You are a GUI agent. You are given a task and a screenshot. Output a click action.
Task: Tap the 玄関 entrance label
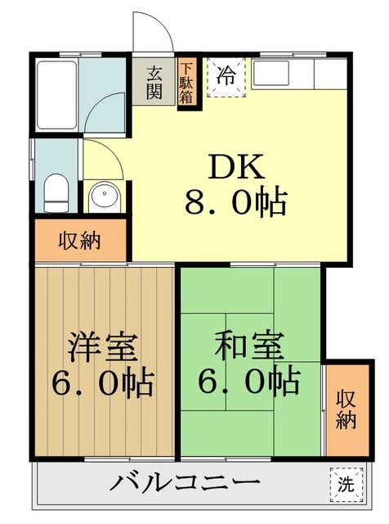[154, 81]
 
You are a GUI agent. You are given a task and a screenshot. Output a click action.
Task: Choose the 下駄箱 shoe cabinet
[187, 84]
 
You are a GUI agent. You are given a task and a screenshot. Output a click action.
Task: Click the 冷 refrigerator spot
[226, 78]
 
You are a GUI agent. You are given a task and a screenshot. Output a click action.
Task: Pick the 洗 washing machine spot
[347, 483]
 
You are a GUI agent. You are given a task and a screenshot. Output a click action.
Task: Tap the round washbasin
[105, 196]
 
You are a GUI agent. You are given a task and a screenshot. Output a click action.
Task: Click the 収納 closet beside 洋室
[79, 241]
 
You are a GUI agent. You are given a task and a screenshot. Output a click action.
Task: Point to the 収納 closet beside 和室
[346, 409]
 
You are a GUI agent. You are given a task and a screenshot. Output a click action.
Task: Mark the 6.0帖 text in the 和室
[248, 381]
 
